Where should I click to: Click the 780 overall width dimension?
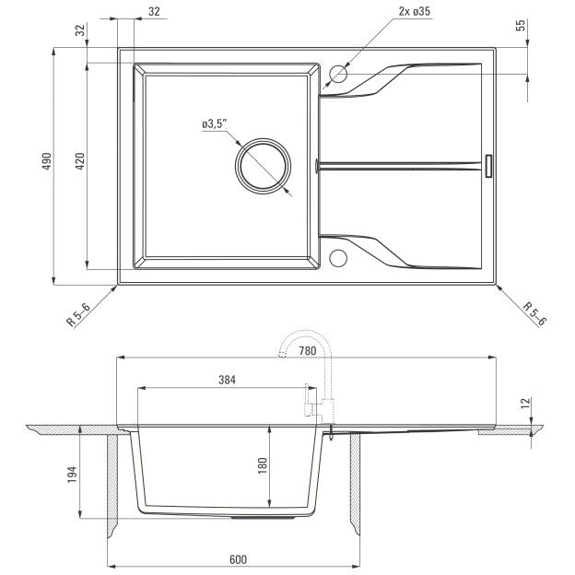(307, 351)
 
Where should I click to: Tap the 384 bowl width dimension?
(227, 380)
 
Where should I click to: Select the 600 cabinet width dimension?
(238, 559)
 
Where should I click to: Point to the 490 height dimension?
(47, 160)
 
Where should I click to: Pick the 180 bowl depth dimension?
(263, 465)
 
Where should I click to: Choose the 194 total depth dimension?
(72, 475)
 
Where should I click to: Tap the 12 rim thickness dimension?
(525, 403)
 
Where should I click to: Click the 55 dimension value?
(521, 25)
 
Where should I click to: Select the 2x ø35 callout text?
(415, 11)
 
